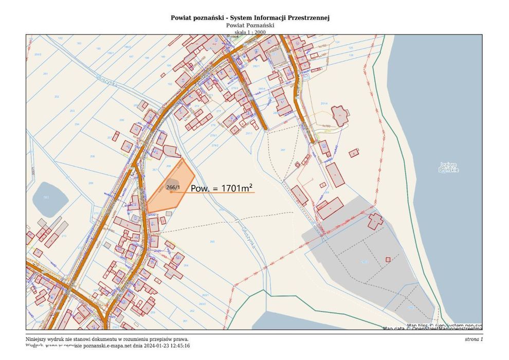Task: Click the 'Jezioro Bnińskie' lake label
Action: point(449,167)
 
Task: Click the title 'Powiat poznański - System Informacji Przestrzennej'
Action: point(250,17)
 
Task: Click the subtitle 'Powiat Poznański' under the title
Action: point(250,25)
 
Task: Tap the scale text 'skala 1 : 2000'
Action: point(250,32)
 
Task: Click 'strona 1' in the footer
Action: point(473,339)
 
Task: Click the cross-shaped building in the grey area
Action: point(375,221)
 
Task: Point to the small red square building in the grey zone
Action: point(389,260)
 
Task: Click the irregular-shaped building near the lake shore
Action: point(340,115)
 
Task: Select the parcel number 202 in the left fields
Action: point(57,97)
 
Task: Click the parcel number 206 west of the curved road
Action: point(122,119)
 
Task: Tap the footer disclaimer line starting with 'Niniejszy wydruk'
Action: point(107,339)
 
